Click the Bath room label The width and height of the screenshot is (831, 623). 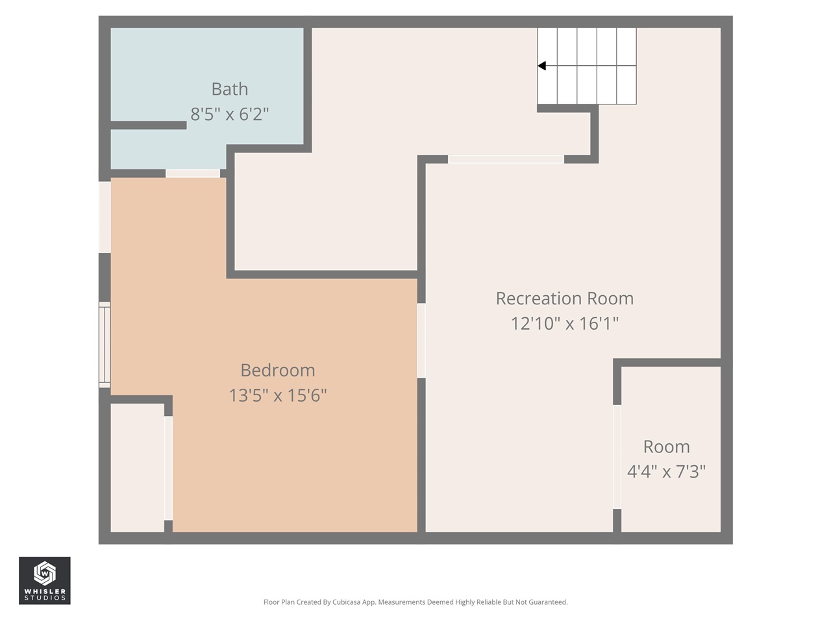coord(229,89)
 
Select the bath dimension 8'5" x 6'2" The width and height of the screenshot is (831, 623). coord(229,114)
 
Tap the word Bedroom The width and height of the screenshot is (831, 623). coord(277,370)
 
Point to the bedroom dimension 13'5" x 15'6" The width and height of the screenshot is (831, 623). coord(277,395)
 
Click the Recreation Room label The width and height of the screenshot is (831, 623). coord(564,299)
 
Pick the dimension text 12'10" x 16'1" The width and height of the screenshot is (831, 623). coord(564,323)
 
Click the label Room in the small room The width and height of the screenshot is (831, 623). coord(666,446)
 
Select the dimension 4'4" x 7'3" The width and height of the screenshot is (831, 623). coord(666,471)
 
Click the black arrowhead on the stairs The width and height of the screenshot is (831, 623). coord(541,66)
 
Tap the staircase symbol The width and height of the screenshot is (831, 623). coord(587,66)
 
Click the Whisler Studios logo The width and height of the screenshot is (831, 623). coord(44,580)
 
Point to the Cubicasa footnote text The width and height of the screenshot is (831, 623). coord(415,602)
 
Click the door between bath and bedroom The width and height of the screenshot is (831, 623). coord(193,173)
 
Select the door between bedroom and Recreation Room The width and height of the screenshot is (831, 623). coord(421,341)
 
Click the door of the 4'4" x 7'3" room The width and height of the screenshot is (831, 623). coord(617,457)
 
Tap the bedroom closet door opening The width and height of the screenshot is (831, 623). coord(168,468)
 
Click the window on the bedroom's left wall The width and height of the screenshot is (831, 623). coord(105,345)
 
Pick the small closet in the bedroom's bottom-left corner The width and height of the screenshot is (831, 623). coord(137,467)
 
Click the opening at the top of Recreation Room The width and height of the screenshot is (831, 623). coord(506,159)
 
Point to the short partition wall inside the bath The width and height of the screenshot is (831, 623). coord(149,125)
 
